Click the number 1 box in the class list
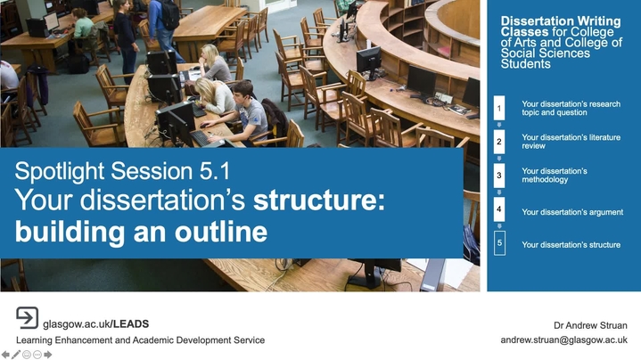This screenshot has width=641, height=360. coord(499,109)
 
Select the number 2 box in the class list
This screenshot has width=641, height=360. coord(499,142)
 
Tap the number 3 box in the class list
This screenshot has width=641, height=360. coord(499,176)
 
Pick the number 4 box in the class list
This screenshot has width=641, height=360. coord(499,209)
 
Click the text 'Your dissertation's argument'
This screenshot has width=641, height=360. coord(572,212)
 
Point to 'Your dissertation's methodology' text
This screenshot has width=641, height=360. coord(555,176)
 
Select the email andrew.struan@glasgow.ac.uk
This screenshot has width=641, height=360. coord(563,340)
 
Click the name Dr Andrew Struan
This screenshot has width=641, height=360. coord(590,325)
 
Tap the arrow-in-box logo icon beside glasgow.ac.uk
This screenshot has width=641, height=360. coord(27,317)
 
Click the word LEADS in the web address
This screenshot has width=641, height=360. coord(131,324)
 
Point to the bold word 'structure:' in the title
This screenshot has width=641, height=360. coord(319,200)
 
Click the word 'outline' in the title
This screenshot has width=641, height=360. coord(221,232)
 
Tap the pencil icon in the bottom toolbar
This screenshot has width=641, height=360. coord(16,355)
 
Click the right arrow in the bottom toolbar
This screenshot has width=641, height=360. coord(48,355)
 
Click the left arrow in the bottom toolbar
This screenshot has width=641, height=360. coord(5,355)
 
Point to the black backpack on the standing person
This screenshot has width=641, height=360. coord(169,15)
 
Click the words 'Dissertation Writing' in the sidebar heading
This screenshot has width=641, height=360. coord(561,20)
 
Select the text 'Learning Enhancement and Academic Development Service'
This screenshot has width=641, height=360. coord(140,340)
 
